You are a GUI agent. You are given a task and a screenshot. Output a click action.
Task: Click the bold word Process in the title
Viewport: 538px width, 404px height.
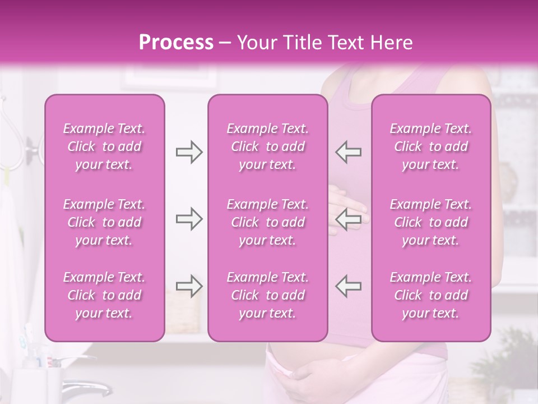(x=176, y=43)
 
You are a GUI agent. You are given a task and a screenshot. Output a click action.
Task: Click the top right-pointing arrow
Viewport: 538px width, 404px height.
(x=189, y=151)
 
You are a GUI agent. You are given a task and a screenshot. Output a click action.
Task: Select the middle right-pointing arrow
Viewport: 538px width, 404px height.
(x=189, y=219)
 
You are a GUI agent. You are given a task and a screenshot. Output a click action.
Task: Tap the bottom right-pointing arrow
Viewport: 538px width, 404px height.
(x=189, y=286)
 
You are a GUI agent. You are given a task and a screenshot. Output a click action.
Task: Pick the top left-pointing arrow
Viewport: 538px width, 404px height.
(x=349, y=151)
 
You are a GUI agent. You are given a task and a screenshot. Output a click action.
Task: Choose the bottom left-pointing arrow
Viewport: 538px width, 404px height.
(x=349, y=286)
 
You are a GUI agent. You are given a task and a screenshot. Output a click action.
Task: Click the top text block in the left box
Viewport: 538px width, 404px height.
(x=104, y=146)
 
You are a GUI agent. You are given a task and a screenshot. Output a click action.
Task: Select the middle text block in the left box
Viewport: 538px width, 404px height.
(x=104, y=222)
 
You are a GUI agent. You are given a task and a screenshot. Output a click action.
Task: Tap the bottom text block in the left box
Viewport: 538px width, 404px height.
(x=104, y=295)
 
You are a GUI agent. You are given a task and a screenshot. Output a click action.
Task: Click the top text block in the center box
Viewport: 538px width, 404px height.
(x=268, y=146)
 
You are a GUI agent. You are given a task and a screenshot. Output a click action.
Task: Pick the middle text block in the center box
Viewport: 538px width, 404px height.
(x=268, y=222)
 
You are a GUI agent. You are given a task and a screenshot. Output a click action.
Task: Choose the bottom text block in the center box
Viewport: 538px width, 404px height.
(x=268, y=295)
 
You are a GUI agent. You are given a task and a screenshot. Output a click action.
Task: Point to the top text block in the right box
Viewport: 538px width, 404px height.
(x=431, y=146)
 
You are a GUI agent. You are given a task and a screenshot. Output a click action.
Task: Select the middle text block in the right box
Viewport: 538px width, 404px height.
(x=431, y=222)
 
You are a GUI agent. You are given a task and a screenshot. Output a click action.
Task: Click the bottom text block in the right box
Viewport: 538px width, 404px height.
(x=431, y=295)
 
